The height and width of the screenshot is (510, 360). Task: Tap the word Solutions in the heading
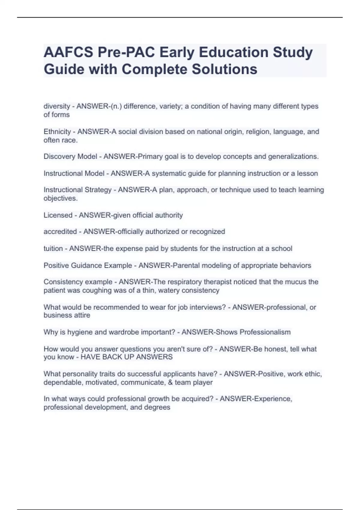(224, 69)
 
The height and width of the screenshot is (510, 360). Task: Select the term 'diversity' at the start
(57, 106)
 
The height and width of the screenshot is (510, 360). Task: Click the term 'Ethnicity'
(57, 132)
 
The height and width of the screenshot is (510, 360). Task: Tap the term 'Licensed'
(58, 215)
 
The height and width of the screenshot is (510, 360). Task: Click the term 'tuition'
(53, 248)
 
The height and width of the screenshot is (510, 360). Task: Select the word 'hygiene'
(79, 332)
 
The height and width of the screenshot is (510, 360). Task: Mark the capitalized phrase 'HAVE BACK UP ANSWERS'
(127, 357)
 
